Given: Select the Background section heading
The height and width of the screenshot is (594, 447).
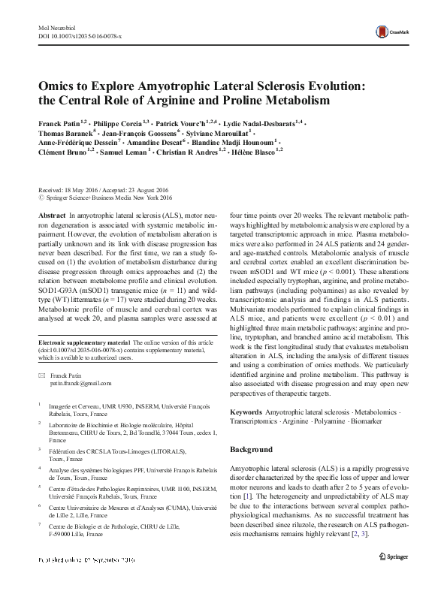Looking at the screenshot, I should point(251,450).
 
